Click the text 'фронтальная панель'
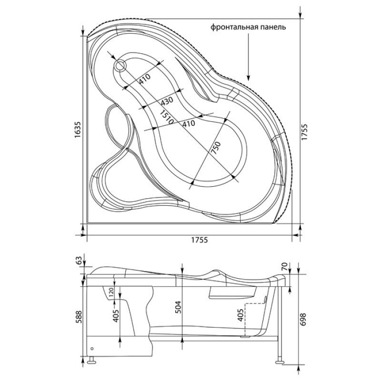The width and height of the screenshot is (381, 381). (x=249, y=27)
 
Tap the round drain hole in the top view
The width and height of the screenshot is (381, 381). (x=120, y=66)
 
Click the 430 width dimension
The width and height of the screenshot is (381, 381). (x=166, y=101)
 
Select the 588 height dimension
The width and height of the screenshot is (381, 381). (x=79, y=315)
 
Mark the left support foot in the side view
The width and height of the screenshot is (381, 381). (x=91, y=361)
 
